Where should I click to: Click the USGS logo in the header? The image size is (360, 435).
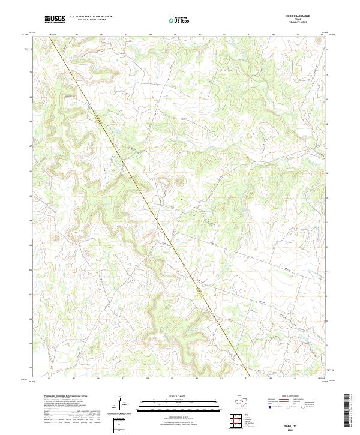coord(55,19)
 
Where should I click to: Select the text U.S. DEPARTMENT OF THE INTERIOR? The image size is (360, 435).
coord(91,17)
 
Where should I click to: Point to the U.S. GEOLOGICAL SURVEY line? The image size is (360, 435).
coord(90,20)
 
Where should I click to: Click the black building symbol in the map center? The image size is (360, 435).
coord(203,213)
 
